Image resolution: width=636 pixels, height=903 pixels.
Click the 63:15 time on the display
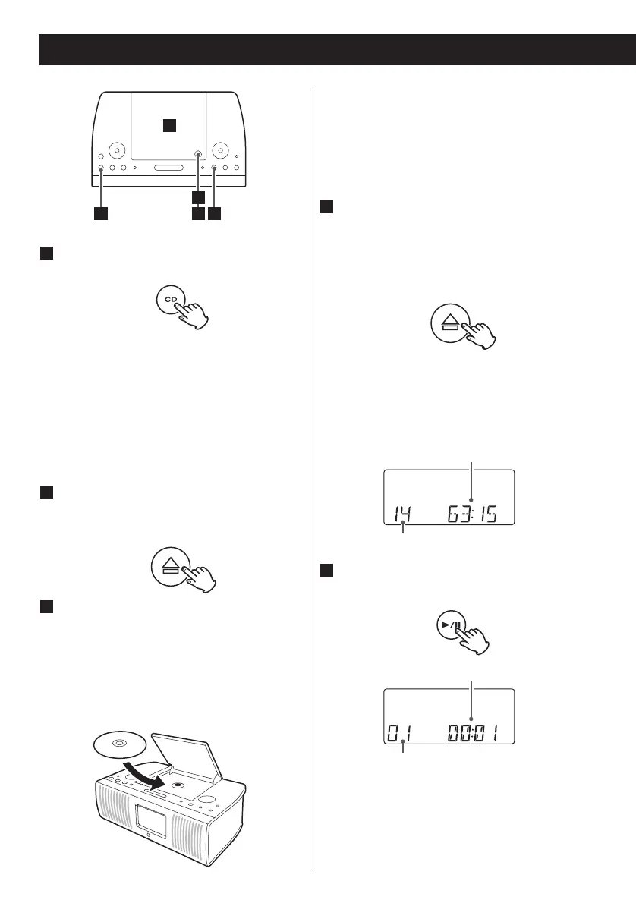coord(471,514)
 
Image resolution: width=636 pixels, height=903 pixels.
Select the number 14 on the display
coord(403,515)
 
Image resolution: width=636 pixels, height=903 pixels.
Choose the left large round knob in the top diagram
coord(116,149)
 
